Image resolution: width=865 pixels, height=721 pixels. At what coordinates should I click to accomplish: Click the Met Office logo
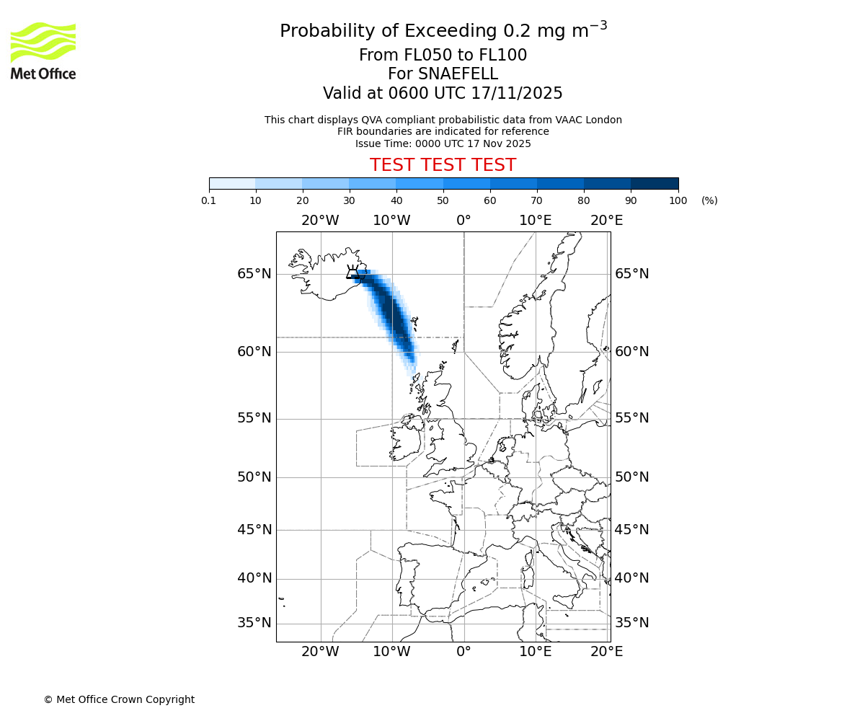(43, 50)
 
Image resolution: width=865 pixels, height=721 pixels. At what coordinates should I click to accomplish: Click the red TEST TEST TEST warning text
(443, 165)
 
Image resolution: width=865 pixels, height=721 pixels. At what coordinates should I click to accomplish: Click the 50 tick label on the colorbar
(443, 200)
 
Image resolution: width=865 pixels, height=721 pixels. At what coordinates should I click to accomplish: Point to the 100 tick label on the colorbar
(678, 200)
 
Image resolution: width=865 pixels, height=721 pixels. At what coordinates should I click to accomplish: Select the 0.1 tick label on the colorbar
(209, 200)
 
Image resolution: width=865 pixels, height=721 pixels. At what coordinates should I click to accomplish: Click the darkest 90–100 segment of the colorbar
(655, 183)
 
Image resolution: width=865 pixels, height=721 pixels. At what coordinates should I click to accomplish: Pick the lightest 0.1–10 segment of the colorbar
(232, 183)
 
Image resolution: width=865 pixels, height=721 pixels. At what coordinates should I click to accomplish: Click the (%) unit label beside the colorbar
(709, 200)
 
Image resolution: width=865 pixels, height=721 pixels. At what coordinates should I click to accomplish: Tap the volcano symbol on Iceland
(353, 272)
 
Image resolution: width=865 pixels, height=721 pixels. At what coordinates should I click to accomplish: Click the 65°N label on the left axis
(254, 274)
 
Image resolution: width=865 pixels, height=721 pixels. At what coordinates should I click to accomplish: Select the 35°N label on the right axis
(631, 623)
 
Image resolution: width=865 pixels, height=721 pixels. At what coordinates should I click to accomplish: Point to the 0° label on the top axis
(463, 220)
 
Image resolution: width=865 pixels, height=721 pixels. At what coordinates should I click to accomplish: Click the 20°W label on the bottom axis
(320, 652)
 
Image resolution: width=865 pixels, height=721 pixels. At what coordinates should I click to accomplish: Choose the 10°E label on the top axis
(536, 220)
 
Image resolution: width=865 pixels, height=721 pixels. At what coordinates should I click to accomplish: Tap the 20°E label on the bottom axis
(607, 652)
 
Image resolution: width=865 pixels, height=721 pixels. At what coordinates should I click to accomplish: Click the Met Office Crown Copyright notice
(119, 699)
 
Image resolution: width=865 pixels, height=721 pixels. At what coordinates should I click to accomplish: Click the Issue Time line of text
(443, 143)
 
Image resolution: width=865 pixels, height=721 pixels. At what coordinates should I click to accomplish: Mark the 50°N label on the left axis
(254, 477)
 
